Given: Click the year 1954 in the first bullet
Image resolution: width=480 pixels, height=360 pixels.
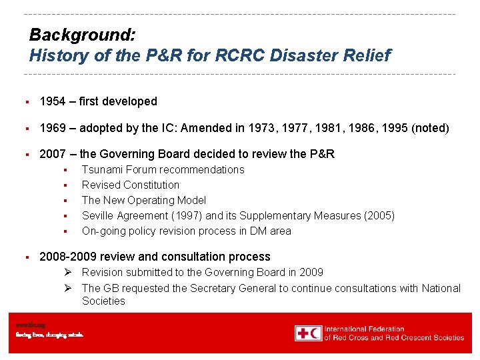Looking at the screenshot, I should [53, 102].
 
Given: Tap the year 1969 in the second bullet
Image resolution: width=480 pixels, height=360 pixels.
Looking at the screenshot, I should [53, 128].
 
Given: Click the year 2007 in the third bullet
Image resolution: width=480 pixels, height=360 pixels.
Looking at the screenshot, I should [53, 154].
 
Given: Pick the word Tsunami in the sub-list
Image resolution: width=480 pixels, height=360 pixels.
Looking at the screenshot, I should [102, 170].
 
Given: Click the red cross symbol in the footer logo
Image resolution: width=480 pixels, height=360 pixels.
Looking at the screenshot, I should [303, 333].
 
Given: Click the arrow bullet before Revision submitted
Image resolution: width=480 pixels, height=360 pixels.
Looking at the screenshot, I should [69, 273].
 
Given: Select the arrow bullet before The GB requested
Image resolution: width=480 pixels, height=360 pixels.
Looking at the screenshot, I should [69, 289].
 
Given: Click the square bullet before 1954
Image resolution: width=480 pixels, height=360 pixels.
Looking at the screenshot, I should [25, 102].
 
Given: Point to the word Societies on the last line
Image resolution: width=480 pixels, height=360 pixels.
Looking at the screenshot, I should [103, 301].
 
